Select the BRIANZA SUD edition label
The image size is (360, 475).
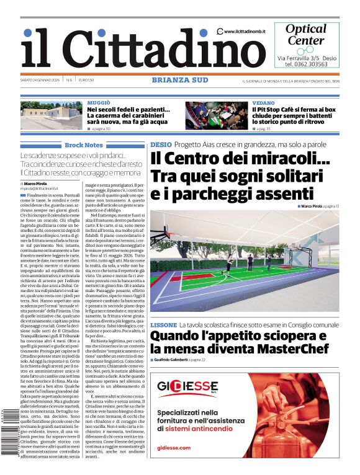[x=179, y=80]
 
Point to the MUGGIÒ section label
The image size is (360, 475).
[x=99, y=102]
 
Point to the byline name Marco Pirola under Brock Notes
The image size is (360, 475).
[x=38, y=184]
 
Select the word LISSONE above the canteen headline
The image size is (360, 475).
[x=163, y=325]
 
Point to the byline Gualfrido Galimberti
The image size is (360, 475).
[x=180, y=360]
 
